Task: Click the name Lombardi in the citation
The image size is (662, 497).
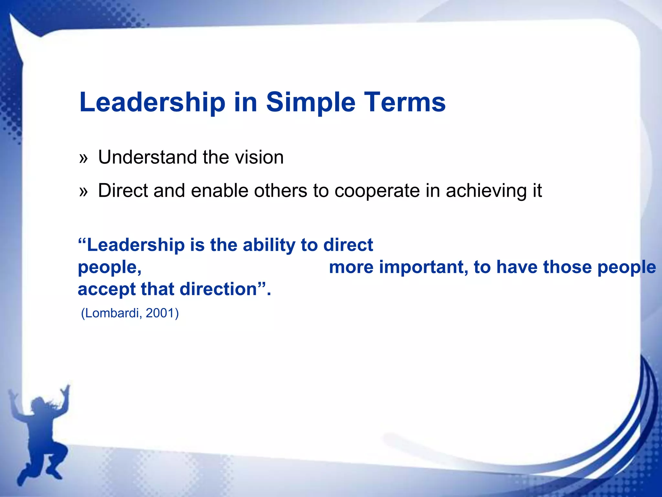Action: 112,313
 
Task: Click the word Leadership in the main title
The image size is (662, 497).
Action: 152,102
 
